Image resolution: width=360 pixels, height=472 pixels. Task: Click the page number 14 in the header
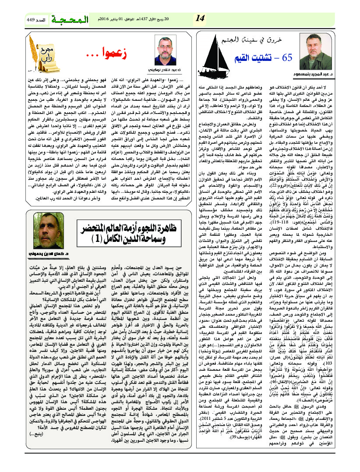pos(200,18)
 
